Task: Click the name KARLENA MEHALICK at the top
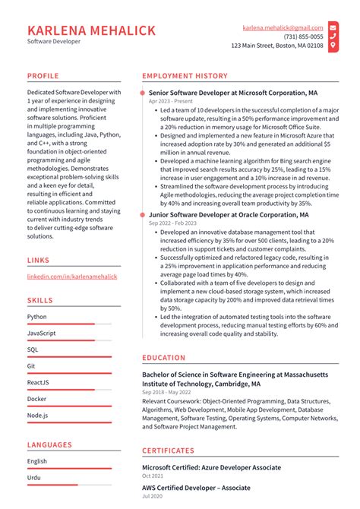click(91, 30)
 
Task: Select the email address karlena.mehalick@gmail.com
click(283, 27)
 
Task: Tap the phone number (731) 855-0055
click(303, 36)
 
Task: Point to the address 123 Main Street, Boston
click(277, 46)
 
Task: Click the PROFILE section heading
click(43, 76)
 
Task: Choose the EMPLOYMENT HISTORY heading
click(185, 76)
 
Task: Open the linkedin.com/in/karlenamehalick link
click(72, 277)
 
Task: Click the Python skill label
click(36, 317)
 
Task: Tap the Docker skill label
click(36, 399)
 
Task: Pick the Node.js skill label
click(38, 415)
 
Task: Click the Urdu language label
click(35, 477)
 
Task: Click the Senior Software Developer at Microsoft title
click(233, 93)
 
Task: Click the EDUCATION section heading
click(163, 358)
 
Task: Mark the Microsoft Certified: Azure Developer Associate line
click(211, 467)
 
